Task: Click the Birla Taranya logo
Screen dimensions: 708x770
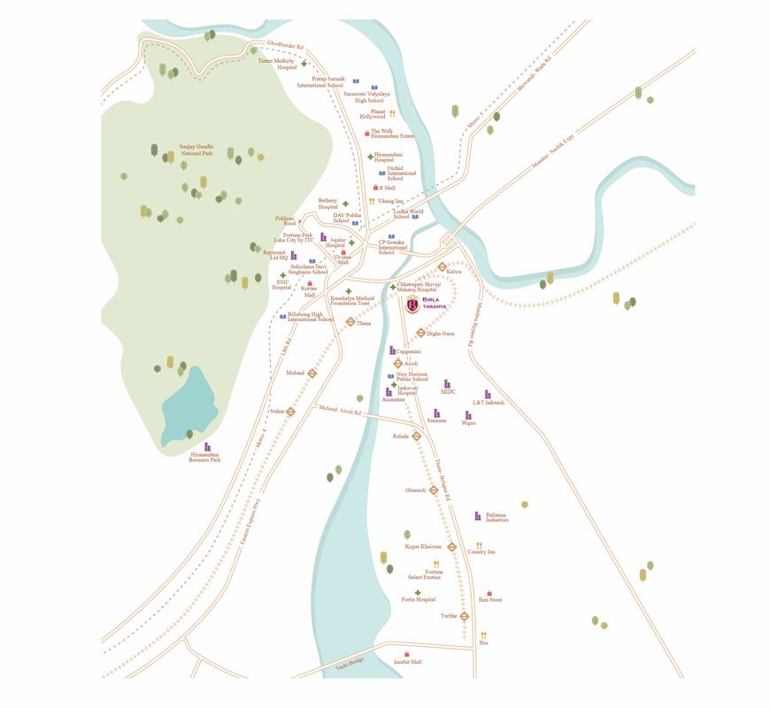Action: pos(413,306)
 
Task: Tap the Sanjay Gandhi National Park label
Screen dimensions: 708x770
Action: pos(196,150)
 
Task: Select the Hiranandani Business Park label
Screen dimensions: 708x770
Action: pos(204,458)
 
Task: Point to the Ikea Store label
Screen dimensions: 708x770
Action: pos(490,599)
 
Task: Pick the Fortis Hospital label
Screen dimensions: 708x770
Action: pos(419,599)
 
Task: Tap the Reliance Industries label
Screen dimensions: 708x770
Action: pos(497,517)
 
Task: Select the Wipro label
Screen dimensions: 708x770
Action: pos(468,423)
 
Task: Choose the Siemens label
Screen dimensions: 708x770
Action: pos(437,420)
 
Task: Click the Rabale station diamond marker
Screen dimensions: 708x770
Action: pos(416,435)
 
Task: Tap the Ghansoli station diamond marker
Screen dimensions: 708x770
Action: pos(434,490)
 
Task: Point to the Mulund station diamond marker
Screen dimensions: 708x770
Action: pos(312,373)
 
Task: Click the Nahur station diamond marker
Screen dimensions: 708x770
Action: pos(290,412)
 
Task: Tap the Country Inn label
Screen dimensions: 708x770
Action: pos(481,551)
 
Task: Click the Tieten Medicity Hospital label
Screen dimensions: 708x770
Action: pos(277,64)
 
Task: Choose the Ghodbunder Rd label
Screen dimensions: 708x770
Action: pos(285,46)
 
